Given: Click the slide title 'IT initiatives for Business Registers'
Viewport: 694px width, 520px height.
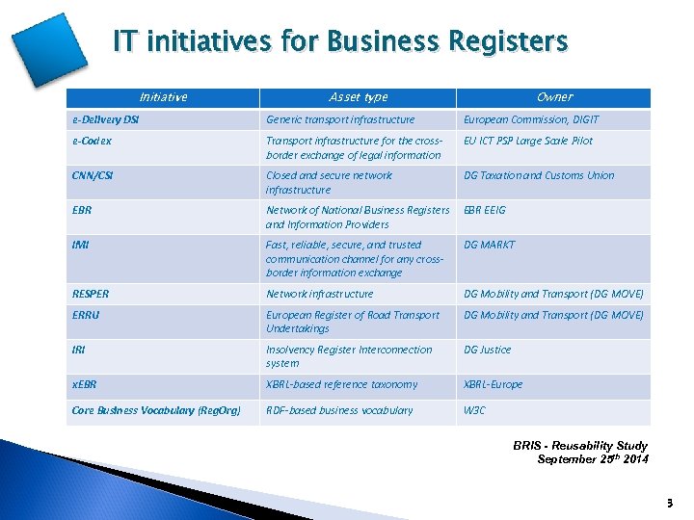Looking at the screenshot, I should [340, 42].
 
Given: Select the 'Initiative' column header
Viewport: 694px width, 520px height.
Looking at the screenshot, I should [163, 97].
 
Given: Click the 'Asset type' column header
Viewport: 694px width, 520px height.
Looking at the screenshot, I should [358, 97].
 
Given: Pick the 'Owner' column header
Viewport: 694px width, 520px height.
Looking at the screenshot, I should [554, 97].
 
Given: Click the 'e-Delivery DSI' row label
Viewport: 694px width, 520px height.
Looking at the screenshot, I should [106, 119].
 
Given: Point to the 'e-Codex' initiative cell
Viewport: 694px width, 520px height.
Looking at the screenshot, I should [92, 141].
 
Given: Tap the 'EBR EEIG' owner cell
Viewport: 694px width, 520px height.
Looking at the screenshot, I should [485, 210].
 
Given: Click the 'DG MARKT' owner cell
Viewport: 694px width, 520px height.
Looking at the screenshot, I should [490, 245].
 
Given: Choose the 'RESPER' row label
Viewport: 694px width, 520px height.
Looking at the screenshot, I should [91, 294].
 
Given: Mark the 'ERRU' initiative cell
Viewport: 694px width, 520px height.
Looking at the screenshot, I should [87, 315].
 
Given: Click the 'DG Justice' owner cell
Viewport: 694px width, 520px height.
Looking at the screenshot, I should [488, 350].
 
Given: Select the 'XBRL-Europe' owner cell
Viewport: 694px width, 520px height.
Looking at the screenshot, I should [494, 384].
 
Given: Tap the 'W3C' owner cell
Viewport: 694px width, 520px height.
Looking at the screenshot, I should [476, 410].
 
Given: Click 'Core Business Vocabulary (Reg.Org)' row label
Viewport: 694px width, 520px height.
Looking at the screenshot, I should [154, 410].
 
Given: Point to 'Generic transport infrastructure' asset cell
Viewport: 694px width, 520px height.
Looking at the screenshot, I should [340, 119].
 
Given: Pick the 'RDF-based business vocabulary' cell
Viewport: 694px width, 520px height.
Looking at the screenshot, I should [339, 410].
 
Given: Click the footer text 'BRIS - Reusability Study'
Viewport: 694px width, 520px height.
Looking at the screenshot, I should [580, 446].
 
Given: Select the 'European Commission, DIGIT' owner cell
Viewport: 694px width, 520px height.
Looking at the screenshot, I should [531, 119].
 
